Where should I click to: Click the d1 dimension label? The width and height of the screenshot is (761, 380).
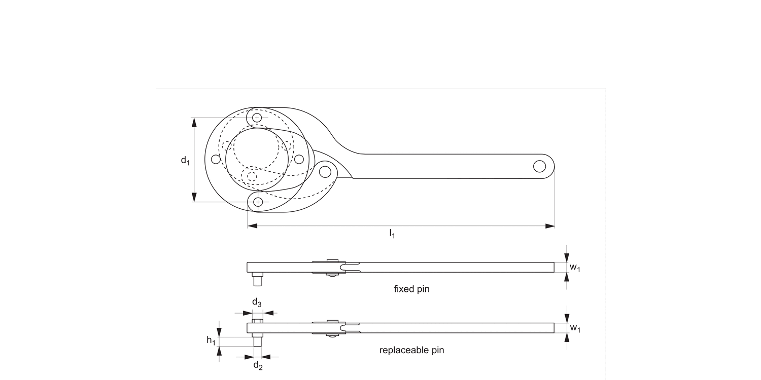185,161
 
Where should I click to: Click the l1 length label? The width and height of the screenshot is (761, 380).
392,234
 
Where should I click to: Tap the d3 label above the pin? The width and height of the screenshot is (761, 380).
257,303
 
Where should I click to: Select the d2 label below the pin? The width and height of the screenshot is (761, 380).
258,365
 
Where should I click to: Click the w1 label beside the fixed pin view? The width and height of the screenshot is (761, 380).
575,268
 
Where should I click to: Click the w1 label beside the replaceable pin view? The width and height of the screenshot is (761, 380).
575,328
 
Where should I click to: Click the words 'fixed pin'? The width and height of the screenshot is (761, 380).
411,289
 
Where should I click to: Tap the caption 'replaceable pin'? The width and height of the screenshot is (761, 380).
411,350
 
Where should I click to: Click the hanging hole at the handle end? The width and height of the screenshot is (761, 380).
539,166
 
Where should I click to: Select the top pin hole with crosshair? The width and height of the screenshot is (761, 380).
258,118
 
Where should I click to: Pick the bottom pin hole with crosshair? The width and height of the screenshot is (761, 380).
258,202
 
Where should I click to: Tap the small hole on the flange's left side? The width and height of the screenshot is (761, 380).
216,160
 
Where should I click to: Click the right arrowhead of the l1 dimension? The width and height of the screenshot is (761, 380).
550,226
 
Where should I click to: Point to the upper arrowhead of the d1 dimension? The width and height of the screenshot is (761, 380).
194,122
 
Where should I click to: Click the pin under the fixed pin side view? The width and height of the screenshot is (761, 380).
257,280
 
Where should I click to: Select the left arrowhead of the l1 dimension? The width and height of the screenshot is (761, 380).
252,226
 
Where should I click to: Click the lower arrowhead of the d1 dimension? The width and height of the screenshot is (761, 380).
194,197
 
